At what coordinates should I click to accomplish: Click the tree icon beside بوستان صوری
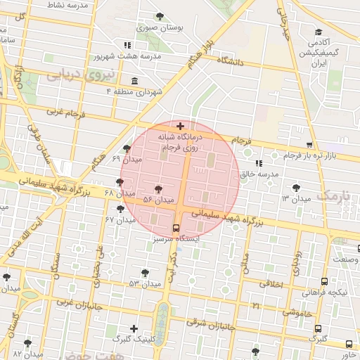(x=160, y=15)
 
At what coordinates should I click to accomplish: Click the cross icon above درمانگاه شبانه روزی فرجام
(x=181, y=125)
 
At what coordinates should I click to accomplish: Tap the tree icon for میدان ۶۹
(x=126, y=148)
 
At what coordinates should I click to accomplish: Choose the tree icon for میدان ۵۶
(x=158, y=189)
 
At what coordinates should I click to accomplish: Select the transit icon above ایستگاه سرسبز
(x=176, y=228)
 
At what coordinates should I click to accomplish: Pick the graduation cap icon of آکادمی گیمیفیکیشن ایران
(x=319, y=32)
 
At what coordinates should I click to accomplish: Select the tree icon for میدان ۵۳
(x=145, y=272)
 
